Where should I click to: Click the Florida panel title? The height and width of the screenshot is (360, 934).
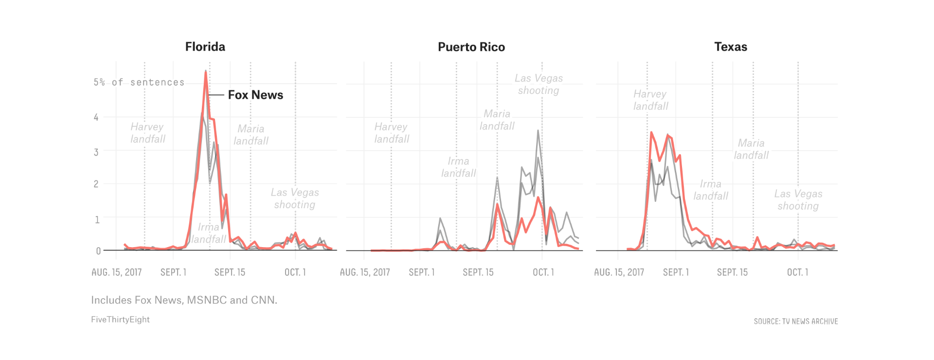(x=205, y=47)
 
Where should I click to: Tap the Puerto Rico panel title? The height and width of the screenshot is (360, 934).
(x=471, y=47)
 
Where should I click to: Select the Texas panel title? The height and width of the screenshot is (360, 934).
(x=731, y=47)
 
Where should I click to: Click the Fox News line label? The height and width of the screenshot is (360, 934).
(x=255, y=95)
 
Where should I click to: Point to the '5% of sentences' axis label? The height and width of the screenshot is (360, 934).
(x=139, y=82)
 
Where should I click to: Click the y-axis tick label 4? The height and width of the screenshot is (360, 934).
(x=96, y=117)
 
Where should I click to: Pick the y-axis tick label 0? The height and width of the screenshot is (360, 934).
(x=98, y=251)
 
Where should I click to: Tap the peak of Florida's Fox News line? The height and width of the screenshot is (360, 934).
(x=206, y=72)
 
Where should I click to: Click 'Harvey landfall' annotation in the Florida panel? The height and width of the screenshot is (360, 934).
(x=148, y=133)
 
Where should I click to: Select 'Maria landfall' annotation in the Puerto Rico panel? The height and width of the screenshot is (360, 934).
(x=497, y=120)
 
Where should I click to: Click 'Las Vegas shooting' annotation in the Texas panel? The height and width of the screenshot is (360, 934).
(x=798, y=199)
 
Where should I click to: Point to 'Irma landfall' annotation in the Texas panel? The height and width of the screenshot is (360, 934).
(x=711, y=190)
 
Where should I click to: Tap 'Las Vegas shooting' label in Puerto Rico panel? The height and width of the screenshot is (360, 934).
(x=539, y=84)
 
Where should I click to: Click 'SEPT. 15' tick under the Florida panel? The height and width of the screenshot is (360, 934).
(x=230, y=272)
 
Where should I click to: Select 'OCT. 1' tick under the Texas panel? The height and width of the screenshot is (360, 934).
(x=798, y=272)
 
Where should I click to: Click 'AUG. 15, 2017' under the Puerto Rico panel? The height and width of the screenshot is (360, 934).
(x=365, y=272)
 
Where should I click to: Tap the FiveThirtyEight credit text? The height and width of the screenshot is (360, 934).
(x=120, y=320)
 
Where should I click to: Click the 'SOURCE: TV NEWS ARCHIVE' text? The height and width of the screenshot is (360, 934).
(x=796, y=322)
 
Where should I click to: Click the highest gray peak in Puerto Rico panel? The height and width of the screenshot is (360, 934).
(x=538, y=130)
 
